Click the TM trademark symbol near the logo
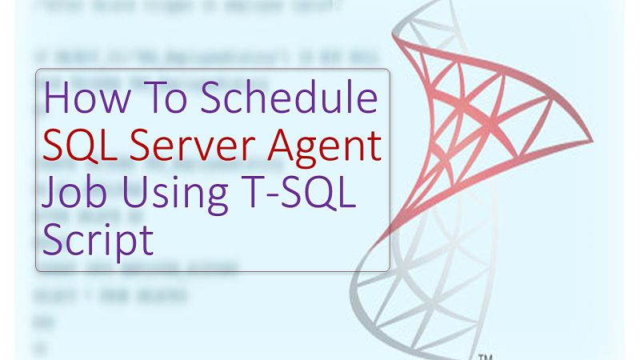tap(486, 357)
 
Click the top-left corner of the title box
tap(37, 70)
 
